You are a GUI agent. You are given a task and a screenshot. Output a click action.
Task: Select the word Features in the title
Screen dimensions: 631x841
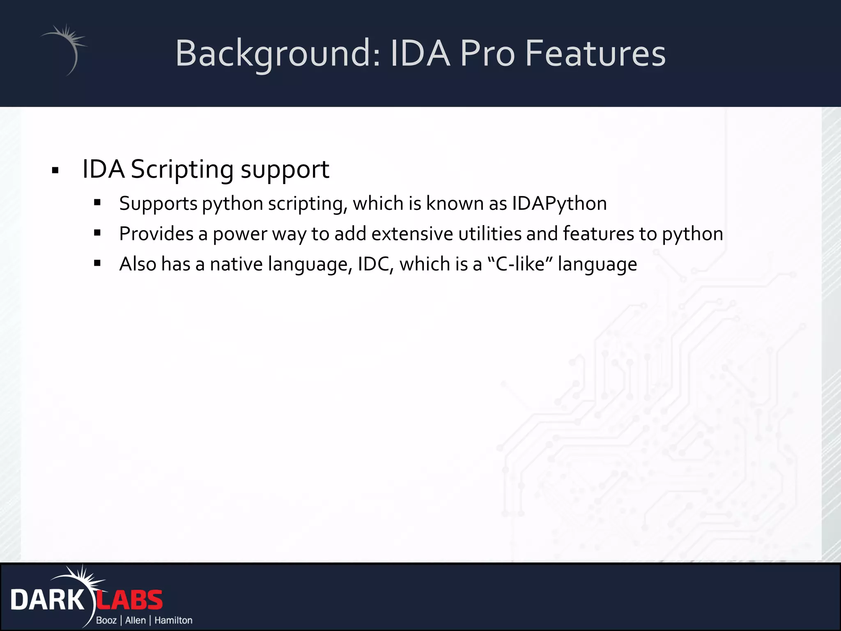(x=595, y=53)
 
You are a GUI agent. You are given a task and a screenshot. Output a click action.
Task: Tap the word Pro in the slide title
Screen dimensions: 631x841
(x=487, y=53)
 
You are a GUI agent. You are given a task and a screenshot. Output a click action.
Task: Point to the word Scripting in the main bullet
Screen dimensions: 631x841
(x=182, y=169)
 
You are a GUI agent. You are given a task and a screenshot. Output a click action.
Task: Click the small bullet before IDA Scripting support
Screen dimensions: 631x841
(x=55, y=170)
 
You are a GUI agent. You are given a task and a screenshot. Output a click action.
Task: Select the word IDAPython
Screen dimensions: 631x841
(x=559, y=204)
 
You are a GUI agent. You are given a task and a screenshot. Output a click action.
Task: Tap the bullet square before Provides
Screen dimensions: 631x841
(x=97, y=233)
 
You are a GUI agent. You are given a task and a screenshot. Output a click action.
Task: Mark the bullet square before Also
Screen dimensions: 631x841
(x=97, y=263)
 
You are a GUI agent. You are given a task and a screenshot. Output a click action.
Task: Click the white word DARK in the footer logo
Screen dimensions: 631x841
(x=47, y=600)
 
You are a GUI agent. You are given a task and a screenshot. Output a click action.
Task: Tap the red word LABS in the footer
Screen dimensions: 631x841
(x=130, y=600)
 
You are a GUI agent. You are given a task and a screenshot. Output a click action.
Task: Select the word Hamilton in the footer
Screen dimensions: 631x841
(x=173, y=620)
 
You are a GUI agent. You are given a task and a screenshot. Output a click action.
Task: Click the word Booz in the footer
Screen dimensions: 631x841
(x=106, y=620)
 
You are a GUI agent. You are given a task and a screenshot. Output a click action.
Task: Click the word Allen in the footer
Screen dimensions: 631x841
(x=136, y=620)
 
